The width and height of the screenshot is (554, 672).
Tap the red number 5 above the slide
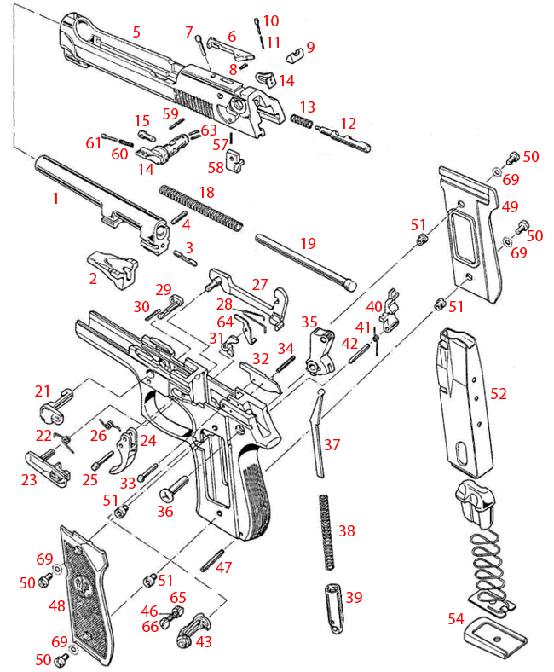click(x=136, y=32)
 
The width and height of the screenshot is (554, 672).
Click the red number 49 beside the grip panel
click(x=511, y=207)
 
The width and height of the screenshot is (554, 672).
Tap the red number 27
click(x=259, y=284)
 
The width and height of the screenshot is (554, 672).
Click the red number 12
click(x=348, y=124)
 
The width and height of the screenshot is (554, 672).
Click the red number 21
click(x=43, y=391)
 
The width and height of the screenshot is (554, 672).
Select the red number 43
click(x=205, y=640)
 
